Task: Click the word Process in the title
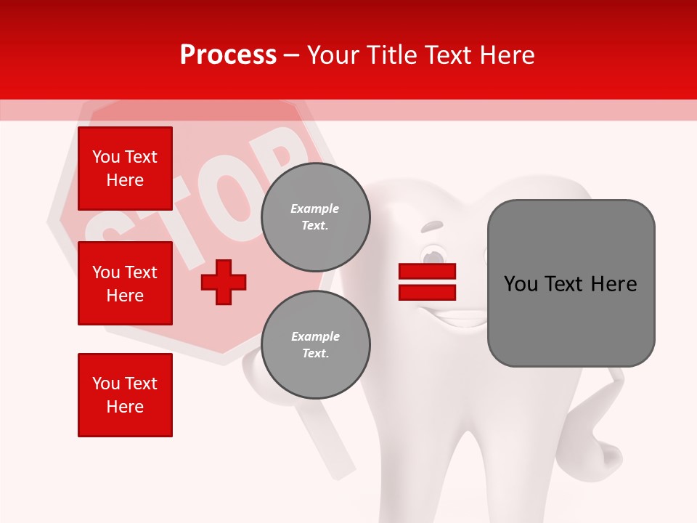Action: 228,54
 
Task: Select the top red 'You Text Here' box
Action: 125,169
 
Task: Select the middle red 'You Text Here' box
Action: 125,283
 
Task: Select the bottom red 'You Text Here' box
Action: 125,394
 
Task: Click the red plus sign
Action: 224,282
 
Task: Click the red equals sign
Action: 427,282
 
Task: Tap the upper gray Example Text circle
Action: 315,217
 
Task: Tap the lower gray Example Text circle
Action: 315,345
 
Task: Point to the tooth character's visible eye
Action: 434,256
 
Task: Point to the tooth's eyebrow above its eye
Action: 432,226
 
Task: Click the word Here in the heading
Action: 509,55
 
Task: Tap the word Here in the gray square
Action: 614,284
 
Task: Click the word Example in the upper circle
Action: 315,209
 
